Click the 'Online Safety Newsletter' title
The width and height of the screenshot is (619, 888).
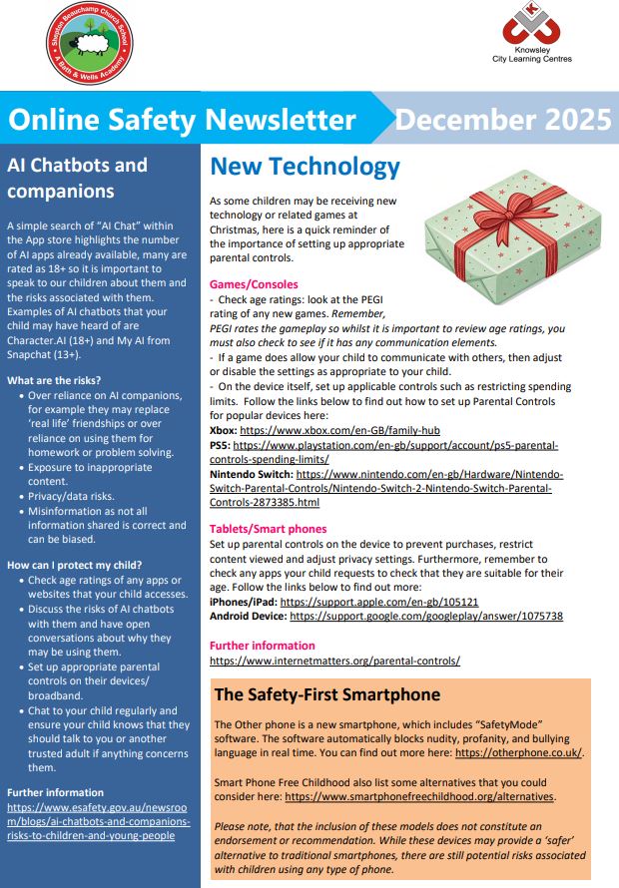[x=182, y=121]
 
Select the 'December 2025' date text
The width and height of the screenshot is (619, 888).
[x=502, y=120]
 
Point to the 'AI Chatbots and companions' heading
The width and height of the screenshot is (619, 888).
[x=76, y=178]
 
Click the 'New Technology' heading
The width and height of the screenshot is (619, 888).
[x=305, y=167]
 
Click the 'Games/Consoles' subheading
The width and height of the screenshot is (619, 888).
[x=254, y=283]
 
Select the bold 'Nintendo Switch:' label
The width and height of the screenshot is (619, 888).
[x=251, y=475]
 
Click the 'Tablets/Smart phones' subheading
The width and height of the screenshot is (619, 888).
[x=268, y=529]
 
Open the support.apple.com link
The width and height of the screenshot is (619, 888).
[x=379, y=602]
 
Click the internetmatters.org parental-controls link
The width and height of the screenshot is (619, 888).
[x=334, y=661]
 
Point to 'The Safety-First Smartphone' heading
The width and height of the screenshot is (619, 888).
[x=327, y=694]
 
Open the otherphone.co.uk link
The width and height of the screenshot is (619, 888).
[x=519, y=753]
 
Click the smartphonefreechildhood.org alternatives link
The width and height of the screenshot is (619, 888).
[x=420, y=797]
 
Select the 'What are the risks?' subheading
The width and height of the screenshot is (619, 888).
[x=54, y=381]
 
